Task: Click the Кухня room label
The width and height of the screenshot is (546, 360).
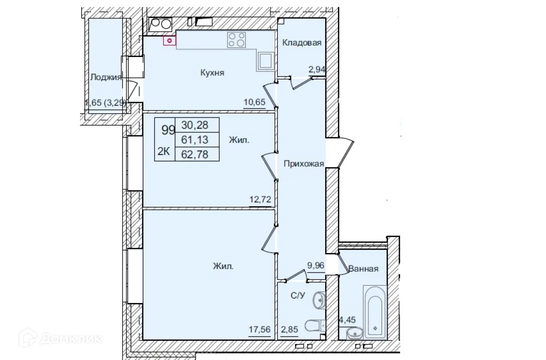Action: pos(212,73)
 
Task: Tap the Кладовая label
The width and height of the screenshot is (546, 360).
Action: pos(301,43)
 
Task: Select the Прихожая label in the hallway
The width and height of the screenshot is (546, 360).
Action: pos(304,163)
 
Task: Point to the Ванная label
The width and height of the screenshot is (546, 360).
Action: pos(363,268)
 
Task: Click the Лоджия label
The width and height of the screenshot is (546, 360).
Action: pos(106,77)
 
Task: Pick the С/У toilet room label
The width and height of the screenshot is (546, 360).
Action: pos(298,295)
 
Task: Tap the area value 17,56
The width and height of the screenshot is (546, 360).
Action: pos(260,330)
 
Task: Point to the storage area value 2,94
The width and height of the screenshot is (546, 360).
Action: pos(317,70)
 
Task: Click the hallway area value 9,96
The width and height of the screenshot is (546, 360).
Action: pos(316,266)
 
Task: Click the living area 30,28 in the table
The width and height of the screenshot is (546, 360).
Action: pos(196,124)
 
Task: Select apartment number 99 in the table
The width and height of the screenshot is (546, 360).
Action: pos(168,130)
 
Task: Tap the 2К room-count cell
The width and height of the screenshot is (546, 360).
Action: pos(164,152)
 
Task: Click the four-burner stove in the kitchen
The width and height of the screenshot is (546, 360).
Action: pos(237,40)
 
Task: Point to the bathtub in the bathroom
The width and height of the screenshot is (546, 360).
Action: pos(374,312)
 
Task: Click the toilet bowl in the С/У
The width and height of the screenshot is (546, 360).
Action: pos(312,326)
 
